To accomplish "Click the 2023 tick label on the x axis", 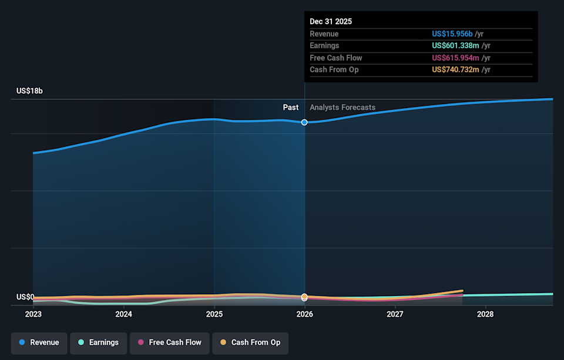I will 33,314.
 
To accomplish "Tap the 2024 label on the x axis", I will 123,314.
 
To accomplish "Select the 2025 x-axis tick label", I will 214,314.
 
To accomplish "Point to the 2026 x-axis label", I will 304,314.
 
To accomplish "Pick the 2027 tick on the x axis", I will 395,314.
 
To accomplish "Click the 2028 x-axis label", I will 485,314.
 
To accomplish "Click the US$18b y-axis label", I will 29,91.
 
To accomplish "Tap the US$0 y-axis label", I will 25,297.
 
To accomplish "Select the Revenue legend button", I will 39,342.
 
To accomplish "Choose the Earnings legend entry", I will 98,342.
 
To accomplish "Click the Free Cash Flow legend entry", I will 170,342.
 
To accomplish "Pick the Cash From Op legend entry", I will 250,342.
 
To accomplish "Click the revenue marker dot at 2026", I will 304,122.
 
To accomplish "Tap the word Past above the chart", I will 290,107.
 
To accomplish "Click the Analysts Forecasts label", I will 343,107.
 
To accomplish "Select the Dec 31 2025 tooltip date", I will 331,21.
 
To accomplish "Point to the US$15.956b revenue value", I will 452,34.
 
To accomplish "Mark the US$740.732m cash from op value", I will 456,70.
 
